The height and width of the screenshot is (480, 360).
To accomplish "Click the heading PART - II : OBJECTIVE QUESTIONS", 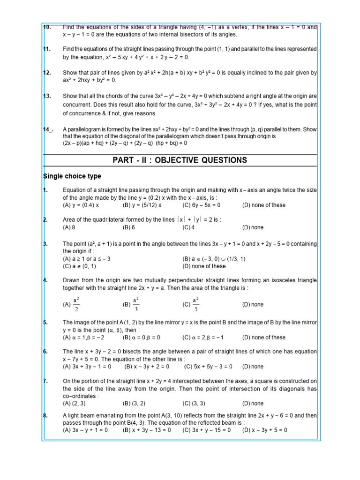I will point(180,160).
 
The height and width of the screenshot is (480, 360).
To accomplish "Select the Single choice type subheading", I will point(72,176).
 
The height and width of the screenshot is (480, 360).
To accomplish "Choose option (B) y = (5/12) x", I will point(142,205).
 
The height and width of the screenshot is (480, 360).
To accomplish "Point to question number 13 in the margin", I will point(47,96).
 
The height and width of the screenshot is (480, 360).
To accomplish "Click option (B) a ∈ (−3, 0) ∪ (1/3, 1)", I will point(214,259).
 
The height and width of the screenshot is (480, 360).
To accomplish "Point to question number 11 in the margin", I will point(47,49).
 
